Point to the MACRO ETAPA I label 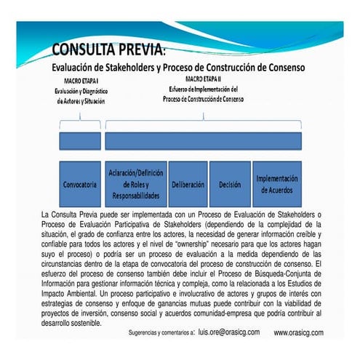pyautogui.click(x=80, y=80)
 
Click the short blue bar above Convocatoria pyautogui.click(x=80, y=140)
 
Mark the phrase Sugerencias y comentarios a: pyautogui.click(x=159, y=332)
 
